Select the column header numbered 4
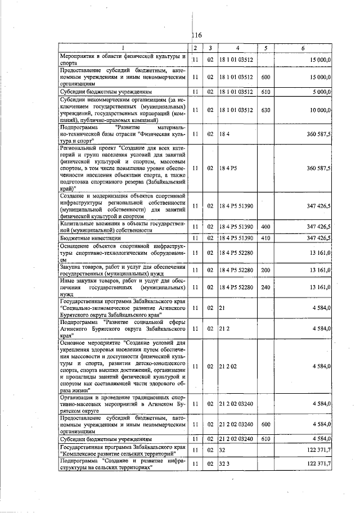238,48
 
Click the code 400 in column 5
266,226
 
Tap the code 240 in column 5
266,287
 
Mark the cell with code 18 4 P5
228,168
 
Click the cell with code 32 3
225,462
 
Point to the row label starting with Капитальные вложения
123,226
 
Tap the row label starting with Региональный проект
123,168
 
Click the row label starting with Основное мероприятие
123,366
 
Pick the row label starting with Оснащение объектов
123,253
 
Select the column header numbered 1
123,48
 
